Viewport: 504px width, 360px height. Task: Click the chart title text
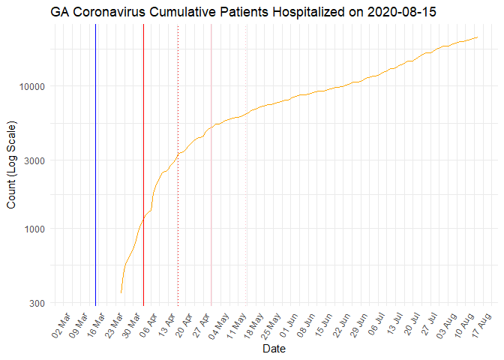pyautogui.click(x=243, y=12)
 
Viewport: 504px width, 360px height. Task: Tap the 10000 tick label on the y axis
pyautogui.click(x=31, y=86)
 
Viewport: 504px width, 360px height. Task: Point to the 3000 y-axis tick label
pyautogui.click(x=34, y=160)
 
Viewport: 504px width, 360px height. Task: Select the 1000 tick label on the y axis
pyautogui.click(x=34, y=229)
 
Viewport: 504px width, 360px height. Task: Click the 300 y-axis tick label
pyautogui.click(x=37, y=303)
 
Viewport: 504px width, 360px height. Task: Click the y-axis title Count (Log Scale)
pyautogui.click(x=11, y=165)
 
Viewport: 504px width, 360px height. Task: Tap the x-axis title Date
pyautogui.click(x=274, y=349)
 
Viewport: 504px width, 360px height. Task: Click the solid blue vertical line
pyautogui.click(x=95, y=165)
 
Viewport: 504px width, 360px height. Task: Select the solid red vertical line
pyautogui.click(x=143, y=165)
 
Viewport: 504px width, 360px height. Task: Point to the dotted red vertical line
pyautogui.click(x=178, y=165)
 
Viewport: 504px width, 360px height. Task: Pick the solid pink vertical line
pyautogui.click(x=211, y=165)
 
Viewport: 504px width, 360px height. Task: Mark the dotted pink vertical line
pyautogui.click(x=246, y=165)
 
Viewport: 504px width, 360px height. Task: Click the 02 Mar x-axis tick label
pyautogui.click(x=61, y=325)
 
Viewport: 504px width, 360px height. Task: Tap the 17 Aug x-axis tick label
pyautogui.click(x=481, y=325)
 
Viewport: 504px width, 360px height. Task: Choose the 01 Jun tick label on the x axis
pyautogui.click(x=289, y=325)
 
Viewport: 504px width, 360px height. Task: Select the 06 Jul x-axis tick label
pyautogui.click(x=376, y=325)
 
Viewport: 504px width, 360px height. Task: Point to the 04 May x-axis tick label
pyautogui.click(x=219, y=326)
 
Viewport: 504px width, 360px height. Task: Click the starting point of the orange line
pyautogui.click(x=121, y=292)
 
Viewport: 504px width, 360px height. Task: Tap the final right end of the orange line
pyautogui.click(x=477, y=37)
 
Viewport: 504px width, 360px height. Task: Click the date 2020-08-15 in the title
pyautogui.click(x=402, y=12)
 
